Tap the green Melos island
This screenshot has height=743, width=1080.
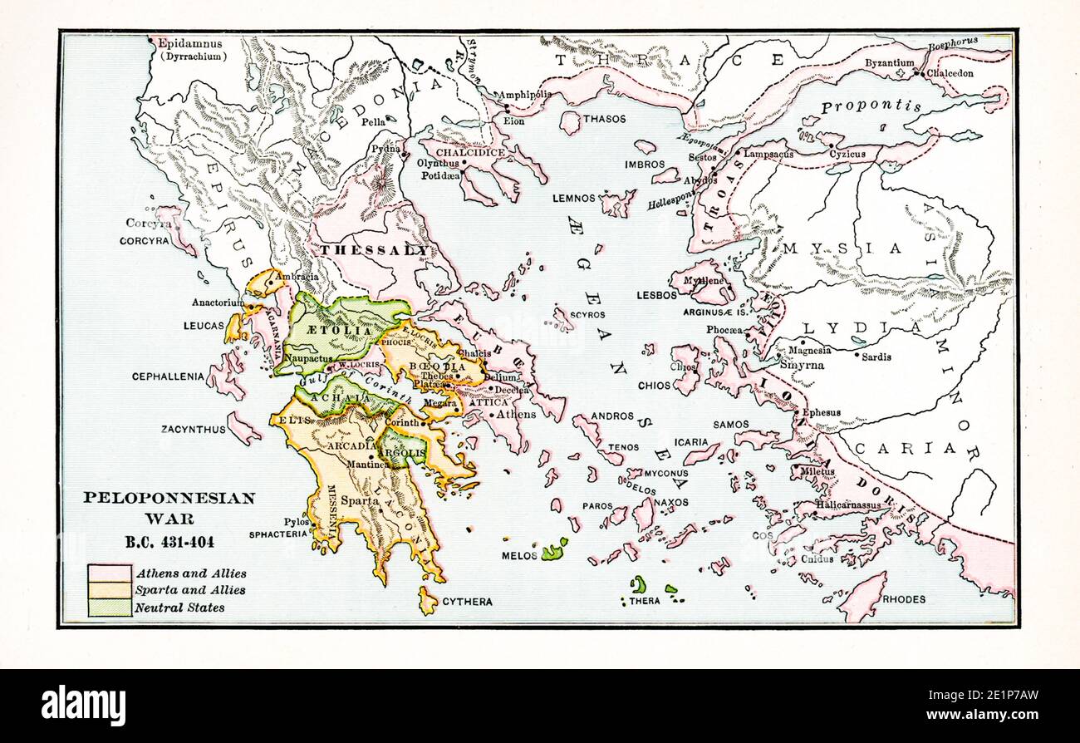553,549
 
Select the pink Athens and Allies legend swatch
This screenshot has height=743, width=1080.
110,573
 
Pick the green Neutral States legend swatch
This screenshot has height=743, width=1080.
110,608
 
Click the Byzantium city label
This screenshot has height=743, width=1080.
889,62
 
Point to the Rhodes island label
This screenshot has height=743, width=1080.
904,598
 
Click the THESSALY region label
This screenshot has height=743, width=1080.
376,250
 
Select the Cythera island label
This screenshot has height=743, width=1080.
467,601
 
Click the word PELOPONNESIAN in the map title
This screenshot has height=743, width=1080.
169,499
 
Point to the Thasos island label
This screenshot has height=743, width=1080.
604,119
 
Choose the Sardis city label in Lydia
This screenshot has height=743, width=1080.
876,357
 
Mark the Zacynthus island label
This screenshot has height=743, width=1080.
193,430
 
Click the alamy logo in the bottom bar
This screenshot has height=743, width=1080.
84,706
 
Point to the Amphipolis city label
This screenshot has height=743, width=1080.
525,95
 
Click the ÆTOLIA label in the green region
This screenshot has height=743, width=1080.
339,331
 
